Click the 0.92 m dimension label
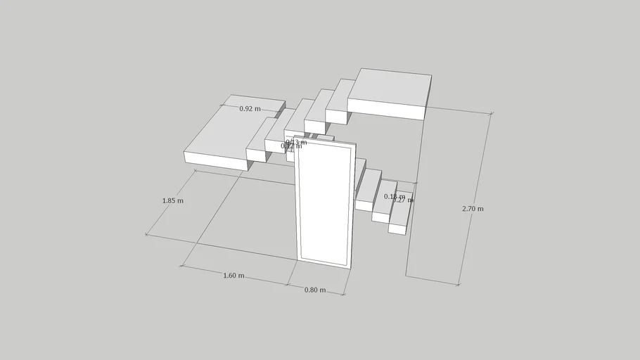(x=250, y=109)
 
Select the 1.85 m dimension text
(x=173, y=200)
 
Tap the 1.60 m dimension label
(x=233, y=276)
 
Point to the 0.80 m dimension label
(x=314, y=290)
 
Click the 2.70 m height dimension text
(x=473, y=209)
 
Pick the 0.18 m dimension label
(x=394, y=196)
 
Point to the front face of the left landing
(x=215, y=161)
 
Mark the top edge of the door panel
(x=325, y=139)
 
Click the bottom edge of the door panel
(x=324, y=264)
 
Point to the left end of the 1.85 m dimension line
(x=146, y=234)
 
